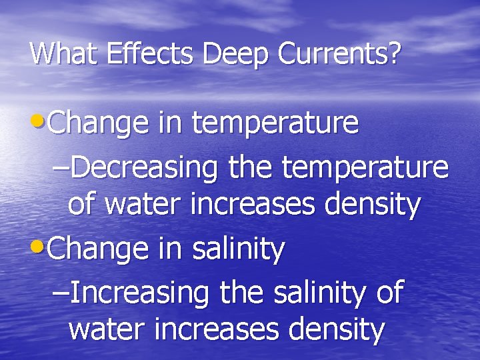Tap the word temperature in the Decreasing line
365,169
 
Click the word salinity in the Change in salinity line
238,250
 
